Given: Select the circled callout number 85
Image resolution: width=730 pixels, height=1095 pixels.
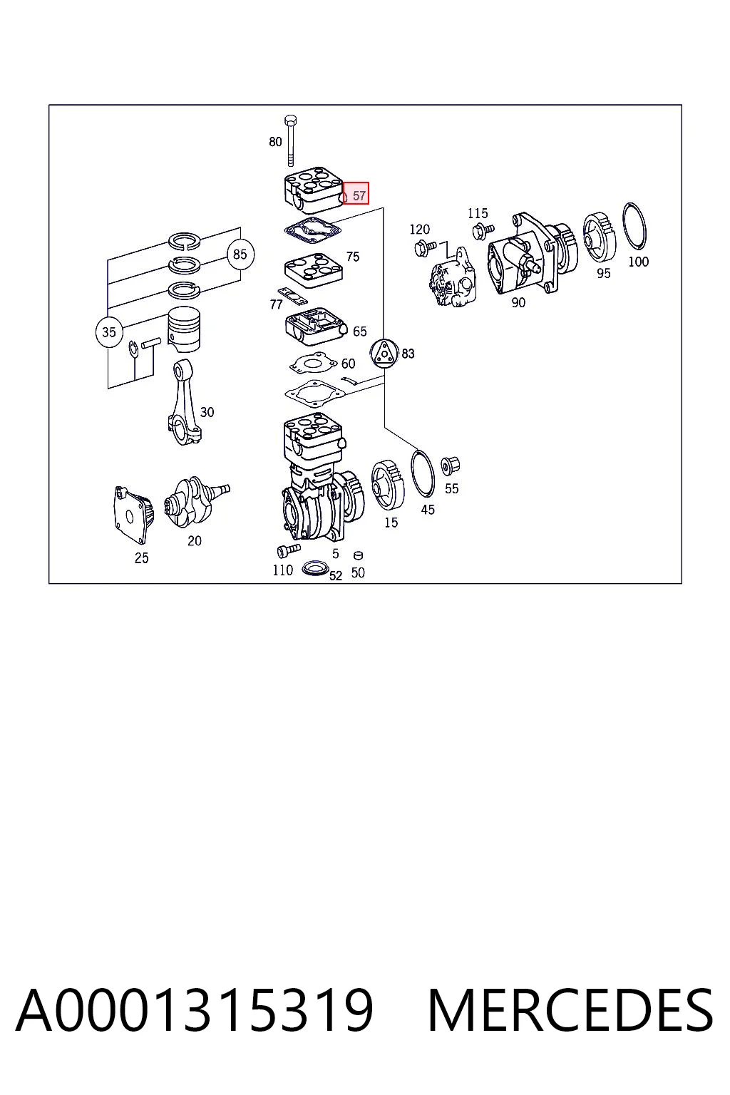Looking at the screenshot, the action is [240, 255].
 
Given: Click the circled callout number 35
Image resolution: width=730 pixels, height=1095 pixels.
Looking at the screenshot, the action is [109, 332].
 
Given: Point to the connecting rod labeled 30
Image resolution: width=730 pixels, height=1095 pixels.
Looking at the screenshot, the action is [183, 402].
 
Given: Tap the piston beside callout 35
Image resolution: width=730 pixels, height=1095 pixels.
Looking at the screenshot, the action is [184, 329].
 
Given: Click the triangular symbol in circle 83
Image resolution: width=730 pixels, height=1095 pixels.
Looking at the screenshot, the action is [384, 354].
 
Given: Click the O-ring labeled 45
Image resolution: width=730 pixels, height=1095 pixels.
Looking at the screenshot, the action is [423, 473].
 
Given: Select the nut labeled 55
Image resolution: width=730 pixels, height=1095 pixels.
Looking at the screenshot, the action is [450, 466].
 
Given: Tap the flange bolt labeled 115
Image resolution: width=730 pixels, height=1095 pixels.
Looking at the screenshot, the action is [483, 230].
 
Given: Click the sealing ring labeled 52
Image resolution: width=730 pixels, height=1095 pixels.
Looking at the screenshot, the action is [315, 568].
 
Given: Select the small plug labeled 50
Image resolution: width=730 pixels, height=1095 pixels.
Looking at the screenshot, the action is [358, 555].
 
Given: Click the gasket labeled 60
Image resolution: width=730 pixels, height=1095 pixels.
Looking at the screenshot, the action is [313, 364].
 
